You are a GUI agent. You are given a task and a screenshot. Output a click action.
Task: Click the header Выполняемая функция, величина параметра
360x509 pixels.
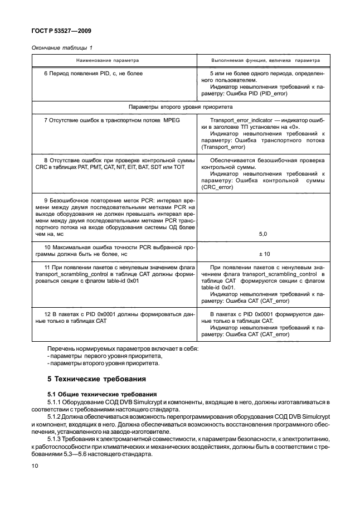(x=265, y=60)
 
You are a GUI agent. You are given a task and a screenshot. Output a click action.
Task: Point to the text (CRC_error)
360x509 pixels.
(x=220, y=187)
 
